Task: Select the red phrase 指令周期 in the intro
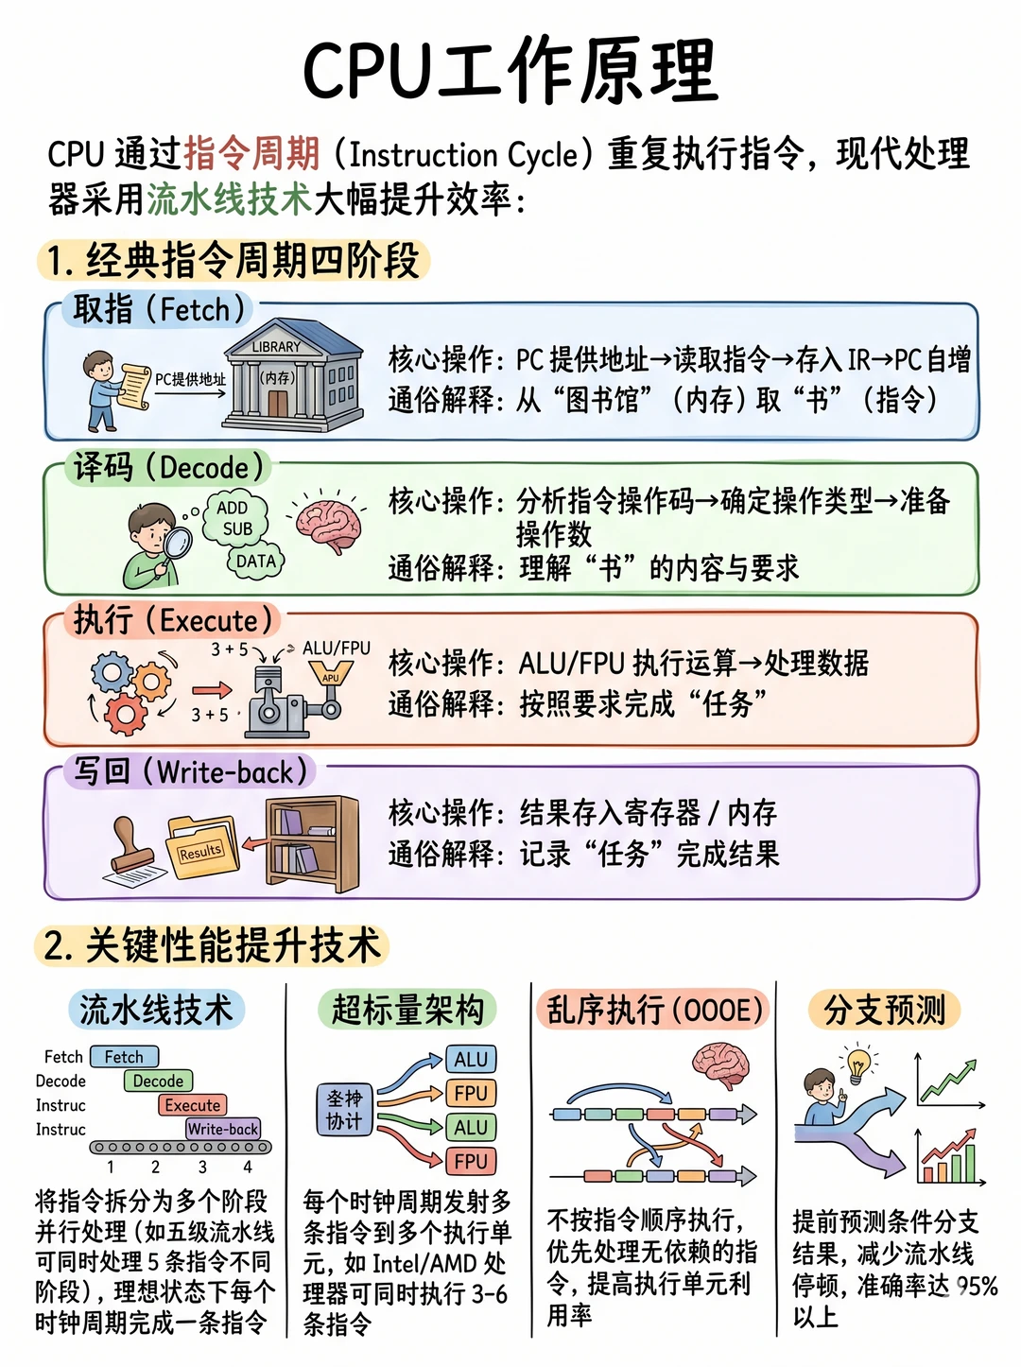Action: [252, 154]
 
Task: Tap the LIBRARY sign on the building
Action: [276, 346]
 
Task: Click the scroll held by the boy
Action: [135, 386]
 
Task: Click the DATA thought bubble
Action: [256, 562]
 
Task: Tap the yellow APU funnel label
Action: [331, 675]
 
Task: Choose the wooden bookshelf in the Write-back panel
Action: [312, 844]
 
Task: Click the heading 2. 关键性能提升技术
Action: [213, 944]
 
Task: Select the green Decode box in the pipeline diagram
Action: [158, 1081]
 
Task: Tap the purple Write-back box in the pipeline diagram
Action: [223, 1129]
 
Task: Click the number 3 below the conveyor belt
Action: [202, 1167]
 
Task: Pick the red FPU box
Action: [471, 1162]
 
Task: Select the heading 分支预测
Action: [885, 1010]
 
